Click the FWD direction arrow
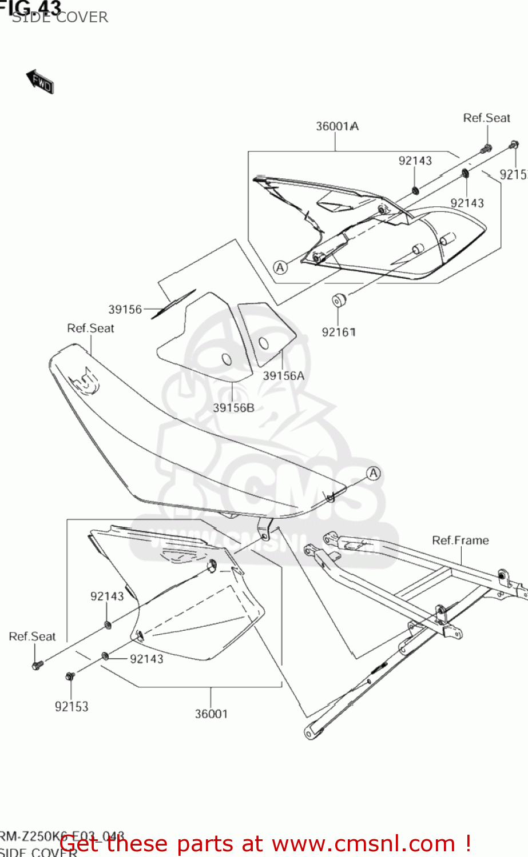[40, 82]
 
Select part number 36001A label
[337, 126]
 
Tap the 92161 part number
[339, 332]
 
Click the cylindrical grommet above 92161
[339, 299]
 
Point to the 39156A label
[283, 375]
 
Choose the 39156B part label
[233, 407]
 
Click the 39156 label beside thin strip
[125, 309]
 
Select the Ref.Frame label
[460, 540]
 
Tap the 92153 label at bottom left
[72, 707]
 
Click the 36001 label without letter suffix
[211, 714]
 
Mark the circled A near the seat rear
[373, 473]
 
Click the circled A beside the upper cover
[280, 267]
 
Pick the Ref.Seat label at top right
[486, 118]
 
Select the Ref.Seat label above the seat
[90, 328]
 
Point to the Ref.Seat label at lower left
[32, 636]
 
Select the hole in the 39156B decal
[227, 359]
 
